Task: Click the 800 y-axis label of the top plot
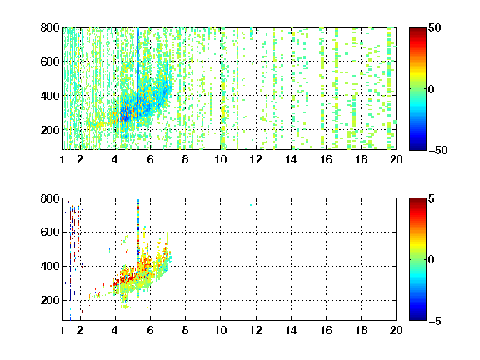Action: (x=50, y=27)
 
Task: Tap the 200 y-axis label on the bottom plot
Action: (x=50, y=300)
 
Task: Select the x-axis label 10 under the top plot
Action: (x=220, y=159)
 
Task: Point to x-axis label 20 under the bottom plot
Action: (x=396, y=330)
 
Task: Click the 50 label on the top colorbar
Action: (x=434, y=27)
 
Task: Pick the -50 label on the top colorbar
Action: (x=438, y=150)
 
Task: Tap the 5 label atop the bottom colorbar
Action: (x=432, y=198)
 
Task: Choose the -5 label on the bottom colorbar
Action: (x=435, y=321)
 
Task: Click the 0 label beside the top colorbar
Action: (x=432, y=89)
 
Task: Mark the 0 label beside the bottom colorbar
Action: (x=432, y=260)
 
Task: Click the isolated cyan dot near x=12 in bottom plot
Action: (x=251, y=205)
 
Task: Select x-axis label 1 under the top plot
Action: (x=62, y=159)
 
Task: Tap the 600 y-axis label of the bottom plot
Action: (x=50, y=232)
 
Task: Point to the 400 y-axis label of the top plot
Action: (x=50, y=96)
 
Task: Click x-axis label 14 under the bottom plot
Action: (x=291, y=330)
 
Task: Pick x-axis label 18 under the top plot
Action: (x=361, y=159)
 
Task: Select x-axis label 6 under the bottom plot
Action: (x=150, y=330)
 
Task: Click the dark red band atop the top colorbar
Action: (x=417, y=31)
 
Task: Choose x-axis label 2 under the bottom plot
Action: (x=80, y=330)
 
